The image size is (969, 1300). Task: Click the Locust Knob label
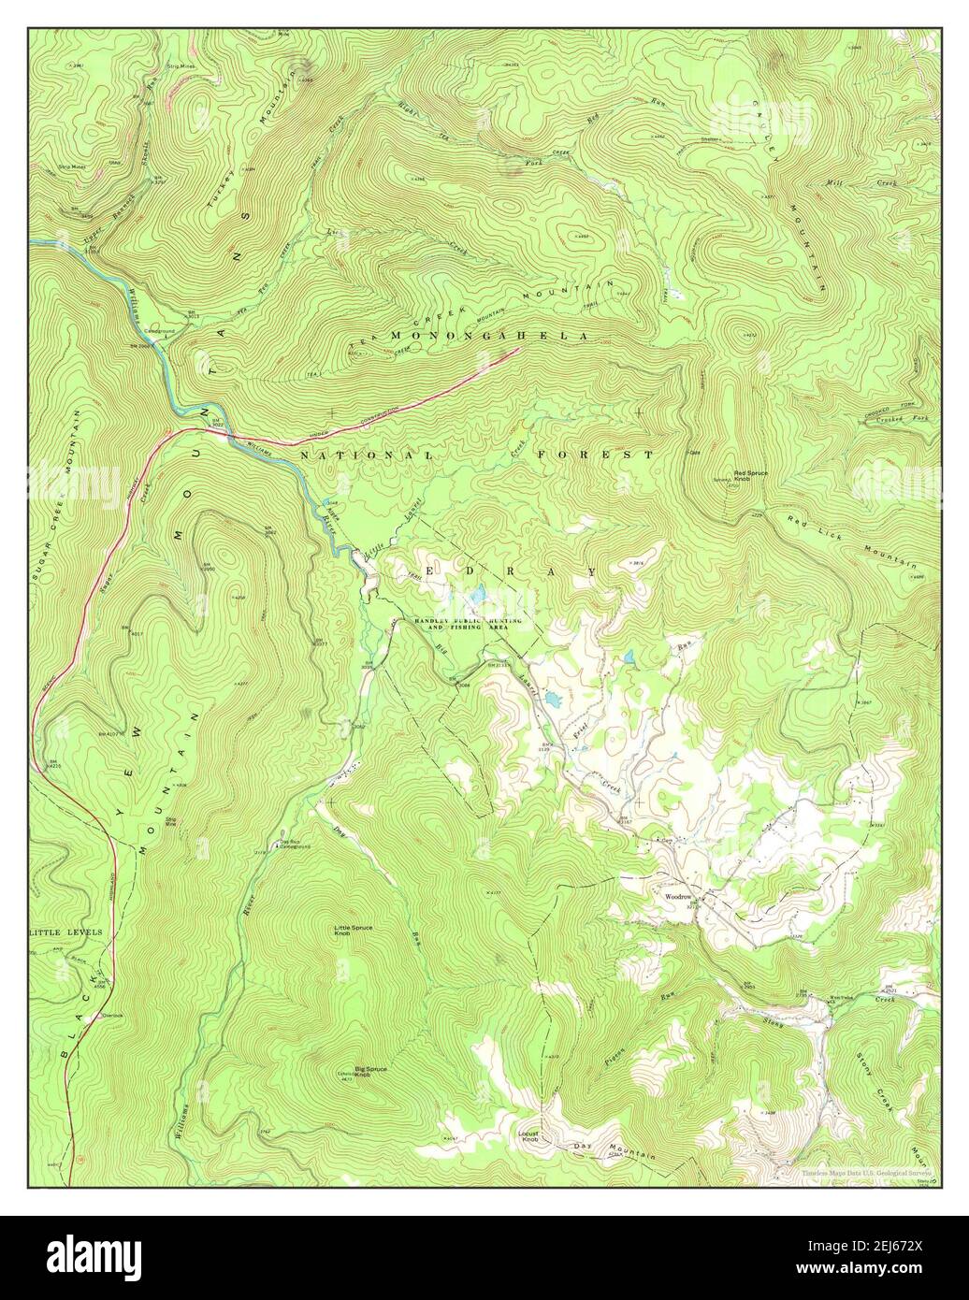pos(529,1136)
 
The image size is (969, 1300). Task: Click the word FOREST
pos(596,454)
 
